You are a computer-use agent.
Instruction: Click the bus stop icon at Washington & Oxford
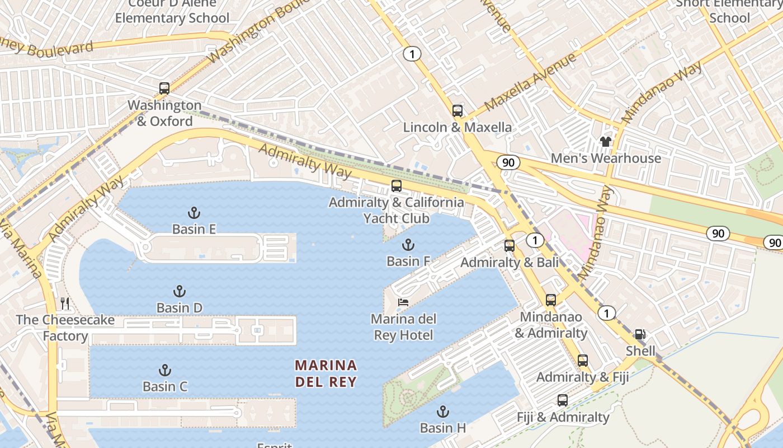point(164,88)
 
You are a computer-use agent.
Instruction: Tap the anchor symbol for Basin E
point(194,213)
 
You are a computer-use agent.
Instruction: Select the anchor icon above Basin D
point(179,291)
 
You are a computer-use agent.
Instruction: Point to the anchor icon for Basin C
point(164,370)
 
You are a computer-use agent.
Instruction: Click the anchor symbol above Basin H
point(442,412)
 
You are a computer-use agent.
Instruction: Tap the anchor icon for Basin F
point(408,245)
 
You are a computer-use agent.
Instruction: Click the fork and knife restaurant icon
point(65,304)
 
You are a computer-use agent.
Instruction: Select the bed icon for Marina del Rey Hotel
point(403,302)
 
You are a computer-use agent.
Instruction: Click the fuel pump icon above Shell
point(640,335)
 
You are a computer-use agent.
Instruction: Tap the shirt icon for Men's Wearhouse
point(605,142)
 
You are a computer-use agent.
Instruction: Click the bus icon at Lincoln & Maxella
point(457,111)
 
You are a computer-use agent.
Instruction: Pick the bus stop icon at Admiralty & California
point(396,186)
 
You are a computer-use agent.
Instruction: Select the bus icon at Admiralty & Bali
point(509,245)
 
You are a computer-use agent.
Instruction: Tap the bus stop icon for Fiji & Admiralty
point(562,400)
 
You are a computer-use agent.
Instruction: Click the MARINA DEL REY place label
point(326,374)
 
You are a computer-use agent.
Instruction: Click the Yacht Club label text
point(396,218)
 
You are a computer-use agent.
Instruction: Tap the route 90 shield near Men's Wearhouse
point(508,162)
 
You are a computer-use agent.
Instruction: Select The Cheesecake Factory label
point(65,328)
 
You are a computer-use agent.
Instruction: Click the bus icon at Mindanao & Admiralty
point(551,300)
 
